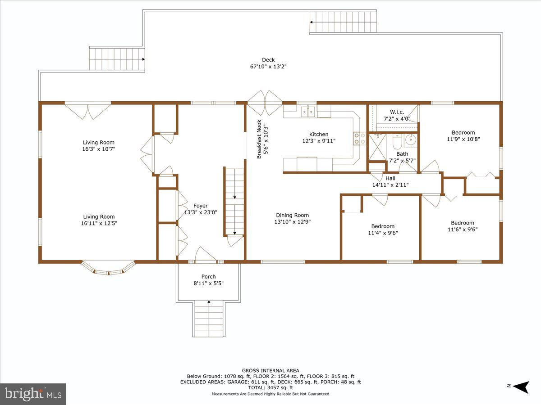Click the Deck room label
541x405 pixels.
click(268, 60)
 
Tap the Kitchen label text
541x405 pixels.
click(319, 134)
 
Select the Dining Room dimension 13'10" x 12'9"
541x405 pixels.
click(292, 222)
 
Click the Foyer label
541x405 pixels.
click(201, 206)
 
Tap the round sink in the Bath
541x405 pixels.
click(410, 140)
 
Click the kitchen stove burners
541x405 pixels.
click(359, 138)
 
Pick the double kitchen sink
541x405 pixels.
click(307, 110)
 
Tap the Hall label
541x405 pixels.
click(390, 178)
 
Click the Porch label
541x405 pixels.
click(208, 277)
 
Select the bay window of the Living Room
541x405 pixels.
click(108, 269)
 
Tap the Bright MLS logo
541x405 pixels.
click(33, 394)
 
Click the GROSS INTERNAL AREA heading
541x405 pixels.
click(270, 371)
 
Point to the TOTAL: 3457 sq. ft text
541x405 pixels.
click(270, 387)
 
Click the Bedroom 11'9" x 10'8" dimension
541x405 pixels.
click(463, 139)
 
